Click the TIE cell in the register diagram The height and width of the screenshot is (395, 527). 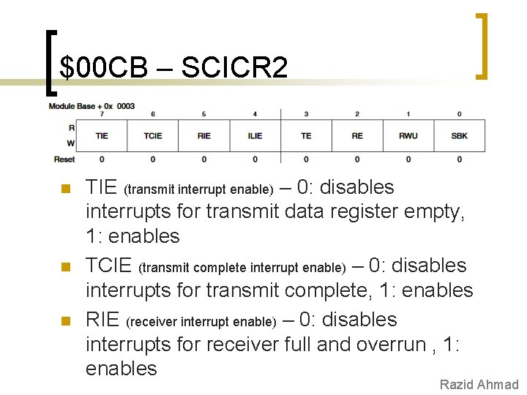coord(102,135)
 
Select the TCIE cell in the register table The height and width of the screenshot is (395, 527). coord(153,135)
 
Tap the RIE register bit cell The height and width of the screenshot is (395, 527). coord(204,135)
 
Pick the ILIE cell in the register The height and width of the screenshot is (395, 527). coord(255,135)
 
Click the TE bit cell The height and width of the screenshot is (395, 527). coord(306,135)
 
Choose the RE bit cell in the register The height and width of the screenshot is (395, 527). coord(357,135)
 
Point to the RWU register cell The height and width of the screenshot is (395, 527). coord(408,135)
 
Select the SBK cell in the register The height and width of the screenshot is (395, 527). coord(459,135)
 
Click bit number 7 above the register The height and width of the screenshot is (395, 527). coord(102,114)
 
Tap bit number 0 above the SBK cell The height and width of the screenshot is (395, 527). coord(459,114)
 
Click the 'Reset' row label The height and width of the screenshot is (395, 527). coord(64,159)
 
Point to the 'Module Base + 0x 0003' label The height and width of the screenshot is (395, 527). coord(91,106)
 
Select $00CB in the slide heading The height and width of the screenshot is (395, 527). coord(104,68)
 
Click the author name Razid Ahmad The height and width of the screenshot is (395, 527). coord(479,385)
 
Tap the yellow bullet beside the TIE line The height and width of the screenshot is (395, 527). coord(64,189)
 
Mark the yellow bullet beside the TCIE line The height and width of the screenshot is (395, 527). coord(64,268)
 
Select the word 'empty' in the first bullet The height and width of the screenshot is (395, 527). coord(433,212)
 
